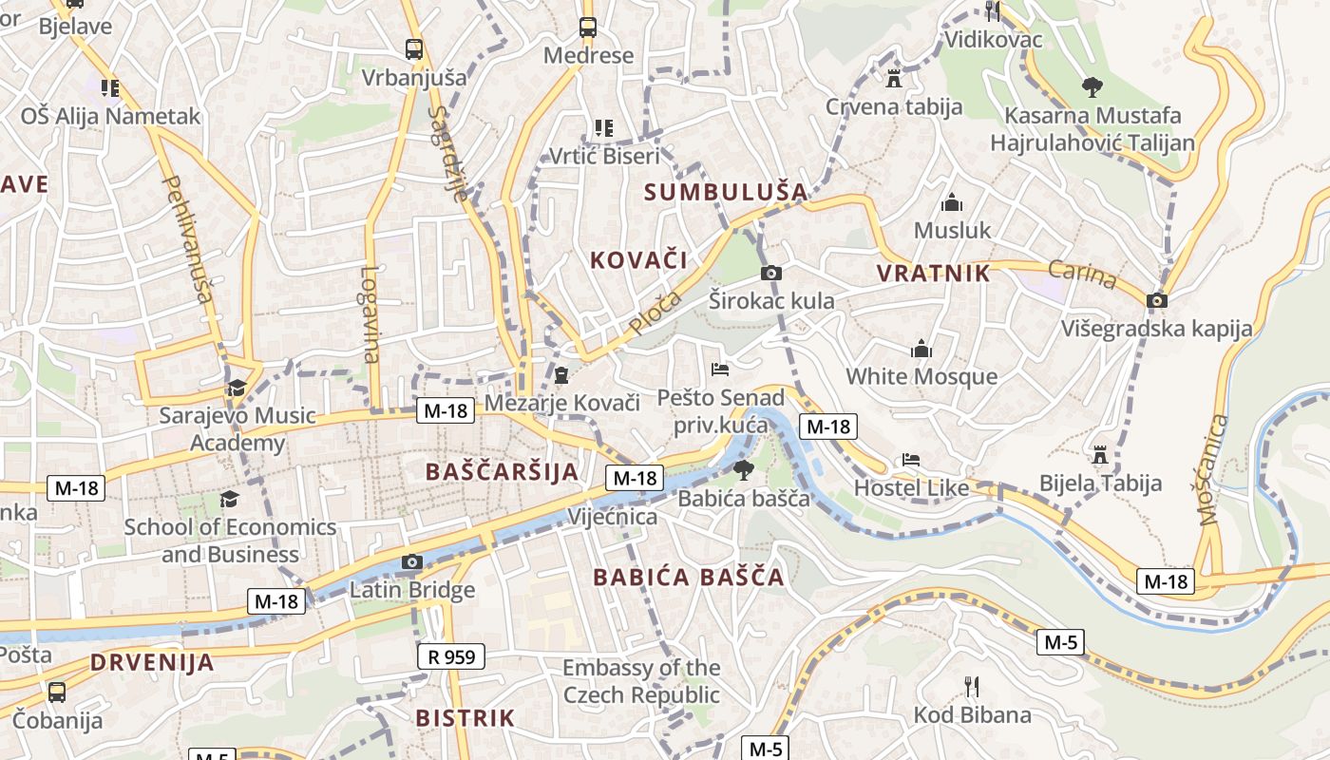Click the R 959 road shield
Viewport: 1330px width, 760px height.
click(x=451, y=655)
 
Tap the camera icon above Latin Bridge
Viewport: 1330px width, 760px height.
click(x=411, y=562)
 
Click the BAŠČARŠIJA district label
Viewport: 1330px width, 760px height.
click(x=502, y=471)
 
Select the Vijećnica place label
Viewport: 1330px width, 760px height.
click(x=613, y=517)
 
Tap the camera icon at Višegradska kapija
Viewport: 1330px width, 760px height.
click(x=1156, y=301)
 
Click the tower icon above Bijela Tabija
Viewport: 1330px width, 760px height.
click(x=1100, y=455)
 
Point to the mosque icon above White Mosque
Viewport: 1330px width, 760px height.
click(x=921, y=349)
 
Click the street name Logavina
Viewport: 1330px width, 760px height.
click(x=370, y=313)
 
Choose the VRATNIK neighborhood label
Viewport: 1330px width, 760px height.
click(x=933, y=274)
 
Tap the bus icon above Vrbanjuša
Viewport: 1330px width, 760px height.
click(x=413, y=48)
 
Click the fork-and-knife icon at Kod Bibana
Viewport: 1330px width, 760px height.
click(x=971, y=686)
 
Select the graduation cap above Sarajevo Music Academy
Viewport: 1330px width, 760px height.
click(x=237, y=388)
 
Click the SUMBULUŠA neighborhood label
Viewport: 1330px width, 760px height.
click(x=726, y=192)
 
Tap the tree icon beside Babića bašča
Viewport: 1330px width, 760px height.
click(x=743, y=470)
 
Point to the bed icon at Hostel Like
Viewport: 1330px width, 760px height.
click(x=911, y=460)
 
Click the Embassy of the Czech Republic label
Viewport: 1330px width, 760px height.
click(x=641, y=681)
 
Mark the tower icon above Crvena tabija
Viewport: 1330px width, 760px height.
click(x=893, y=78)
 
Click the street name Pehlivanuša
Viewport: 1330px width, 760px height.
click(x=187, y=238)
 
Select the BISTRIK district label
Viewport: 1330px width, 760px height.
click(x=465, y=717)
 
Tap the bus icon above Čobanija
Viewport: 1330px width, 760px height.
click(x=57, y=692)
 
